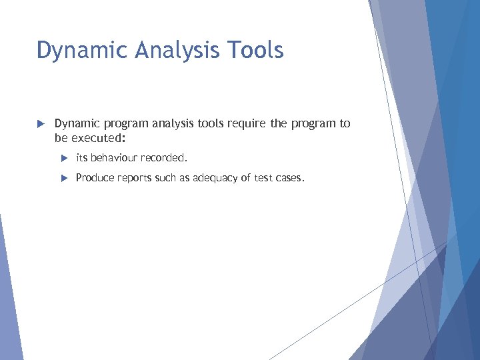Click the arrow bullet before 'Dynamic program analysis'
point(40,124)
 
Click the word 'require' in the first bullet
point(245,123)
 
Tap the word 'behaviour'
point(114,158)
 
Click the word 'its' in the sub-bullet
point(82,158)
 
